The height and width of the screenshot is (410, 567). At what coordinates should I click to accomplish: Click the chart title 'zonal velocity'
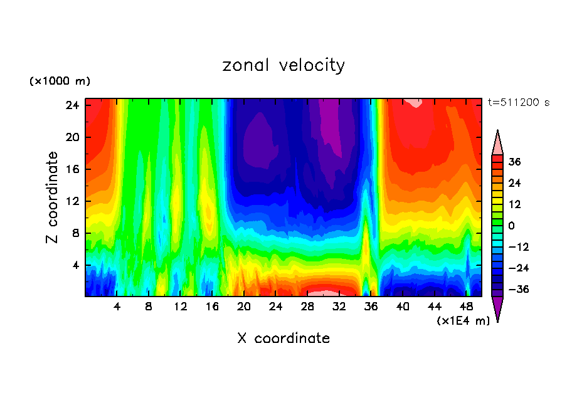click(x=283, y=65)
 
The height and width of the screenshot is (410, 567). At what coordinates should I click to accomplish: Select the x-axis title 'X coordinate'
click(x=283, y=339)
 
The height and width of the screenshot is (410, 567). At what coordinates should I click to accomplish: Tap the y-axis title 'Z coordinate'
click(x=53, y=197)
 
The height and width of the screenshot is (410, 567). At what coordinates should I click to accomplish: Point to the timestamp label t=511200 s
click(x=518, y=102)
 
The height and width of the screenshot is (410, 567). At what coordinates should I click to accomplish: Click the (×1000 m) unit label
click(x=60, y=81)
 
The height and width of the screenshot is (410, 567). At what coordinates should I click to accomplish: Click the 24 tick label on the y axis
click(x=72, y=105)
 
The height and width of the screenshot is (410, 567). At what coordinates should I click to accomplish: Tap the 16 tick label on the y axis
click(x=72, y=169)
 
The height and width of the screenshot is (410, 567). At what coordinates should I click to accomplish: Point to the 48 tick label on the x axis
click(x=466, y=307)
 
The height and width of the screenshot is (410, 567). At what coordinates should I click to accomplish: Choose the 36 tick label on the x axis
click(x=371, y=307)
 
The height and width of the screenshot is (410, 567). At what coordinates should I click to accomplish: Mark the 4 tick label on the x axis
click(x=117, y=307)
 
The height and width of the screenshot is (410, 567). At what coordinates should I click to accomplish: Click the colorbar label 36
click(x=514, y=162)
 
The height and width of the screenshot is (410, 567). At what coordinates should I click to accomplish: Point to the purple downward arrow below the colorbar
click(x=497, y=308)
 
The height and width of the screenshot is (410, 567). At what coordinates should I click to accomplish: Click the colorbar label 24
click(x=514, y=183)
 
